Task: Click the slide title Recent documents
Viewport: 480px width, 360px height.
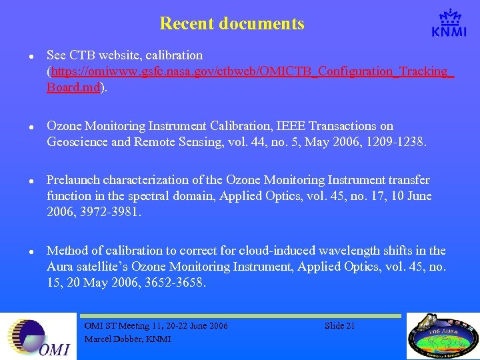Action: pos(232,24)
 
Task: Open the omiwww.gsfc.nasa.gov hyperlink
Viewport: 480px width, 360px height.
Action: pos(250,71)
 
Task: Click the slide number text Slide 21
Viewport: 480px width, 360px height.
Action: pos(339,326)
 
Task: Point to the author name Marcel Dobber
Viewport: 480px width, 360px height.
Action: pos(127,339)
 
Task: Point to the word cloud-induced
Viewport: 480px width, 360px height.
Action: pos(281,251)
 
